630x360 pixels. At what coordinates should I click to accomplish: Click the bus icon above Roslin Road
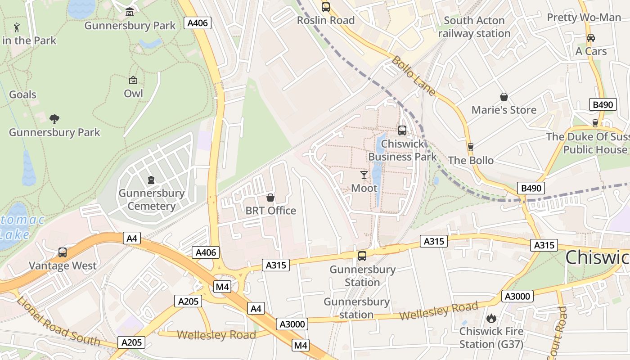tap(325, 7)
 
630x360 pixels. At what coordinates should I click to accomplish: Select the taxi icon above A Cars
tap(591, 38)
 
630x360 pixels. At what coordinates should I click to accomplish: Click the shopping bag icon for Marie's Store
tap(504, 97)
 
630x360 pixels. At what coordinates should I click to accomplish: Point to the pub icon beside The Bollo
tap(471, 147)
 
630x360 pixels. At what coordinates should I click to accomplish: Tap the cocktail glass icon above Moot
tap(364, 175)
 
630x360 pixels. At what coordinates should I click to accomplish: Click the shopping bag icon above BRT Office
tap(270, 198)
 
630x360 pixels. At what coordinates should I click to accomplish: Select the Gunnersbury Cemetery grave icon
tap(151, 180)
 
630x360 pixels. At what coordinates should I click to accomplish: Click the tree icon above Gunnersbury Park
tap(54, 119)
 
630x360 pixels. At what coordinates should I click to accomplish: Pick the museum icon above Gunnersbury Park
tap(130, 12)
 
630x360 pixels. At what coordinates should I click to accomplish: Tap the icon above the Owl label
tap(133, 80)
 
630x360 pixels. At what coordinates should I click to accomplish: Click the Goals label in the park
tap(22, 94)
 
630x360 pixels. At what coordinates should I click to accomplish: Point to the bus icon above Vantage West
tap(63, 252)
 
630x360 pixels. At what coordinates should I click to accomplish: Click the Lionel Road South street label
tap(58, 320)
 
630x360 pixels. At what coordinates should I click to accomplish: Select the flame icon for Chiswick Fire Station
tap(491, 318)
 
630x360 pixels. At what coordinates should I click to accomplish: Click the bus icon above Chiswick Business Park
tap(402, 130)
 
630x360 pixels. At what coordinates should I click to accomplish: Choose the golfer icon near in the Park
tap(17, 27)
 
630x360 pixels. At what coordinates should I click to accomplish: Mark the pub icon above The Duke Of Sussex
tap(595, 123)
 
